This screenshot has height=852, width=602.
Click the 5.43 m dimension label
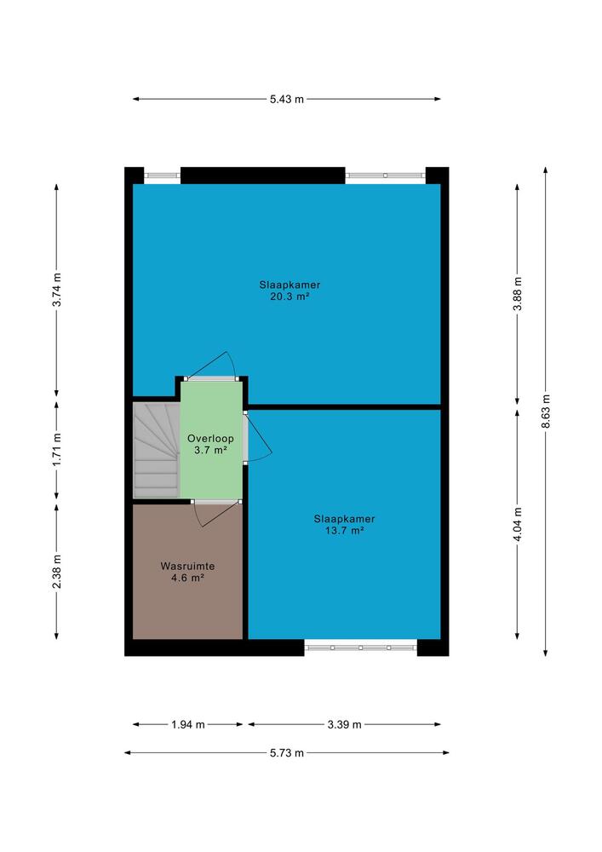pyautogui.click(x=287, y=99)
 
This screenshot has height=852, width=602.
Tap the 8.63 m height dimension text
pyautogui.click(x=546, y=411)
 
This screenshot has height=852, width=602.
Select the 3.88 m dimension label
pyautogui.click(x=518, y=293)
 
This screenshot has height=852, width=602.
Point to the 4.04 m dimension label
pyautogui.click(x=518, y=524)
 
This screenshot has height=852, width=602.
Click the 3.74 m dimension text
pyautogui.click(x=56, y=289)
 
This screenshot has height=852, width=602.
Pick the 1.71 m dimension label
pyautogui.click(x=56, y=448)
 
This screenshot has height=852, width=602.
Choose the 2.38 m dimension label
pyautogui.click(x=56, y=571)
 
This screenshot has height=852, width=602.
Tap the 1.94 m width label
pyautogui.click(x=188, y=724)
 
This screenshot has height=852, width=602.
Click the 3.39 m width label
pyautogui.click(x=344, y=724)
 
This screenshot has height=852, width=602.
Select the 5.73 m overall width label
pyautogui.click(x=287, y=752)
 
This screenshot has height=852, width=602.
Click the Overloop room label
pyautogui.click(x=210, y=439)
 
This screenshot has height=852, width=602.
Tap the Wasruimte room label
pyautogui.click(x=187, y=566)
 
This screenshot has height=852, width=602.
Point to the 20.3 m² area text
pyautogui.click(x=290, y=296)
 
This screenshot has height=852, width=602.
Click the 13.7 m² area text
pyautogui.click(x=344, y=530)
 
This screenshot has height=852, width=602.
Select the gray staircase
pyautogui.click(x=157, y=450)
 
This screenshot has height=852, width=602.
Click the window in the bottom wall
pyautogui.click(x=360, y=648)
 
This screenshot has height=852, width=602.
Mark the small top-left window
pyautogui.click(x=162, y=176)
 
